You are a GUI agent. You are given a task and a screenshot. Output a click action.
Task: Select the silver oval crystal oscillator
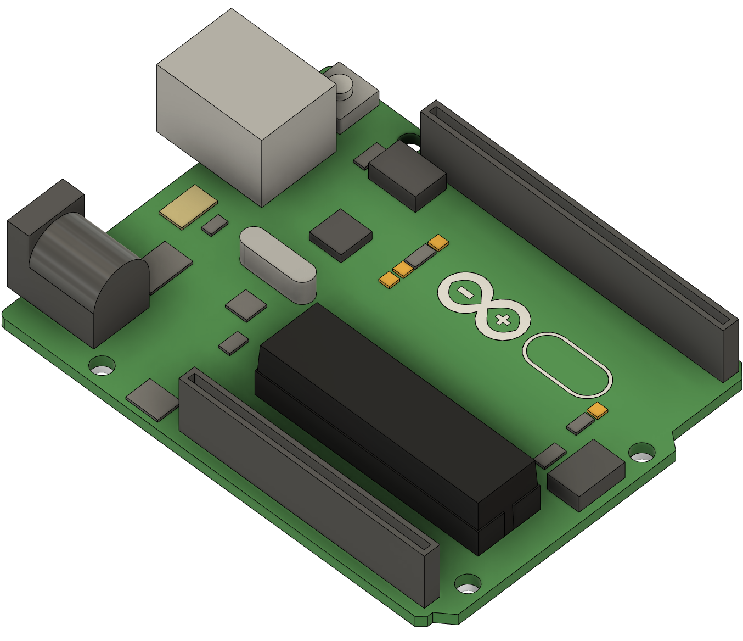coord(277,264)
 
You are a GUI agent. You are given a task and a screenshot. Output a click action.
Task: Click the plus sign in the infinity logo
coord(502,320)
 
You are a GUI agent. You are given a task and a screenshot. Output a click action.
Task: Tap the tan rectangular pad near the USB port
coord(188,206)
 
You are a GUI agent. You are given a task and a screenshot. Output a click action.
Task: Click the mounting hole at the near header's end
coord(468,584)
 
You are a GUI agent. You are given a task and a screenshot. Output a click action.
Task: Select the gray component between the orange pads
coord(420,255)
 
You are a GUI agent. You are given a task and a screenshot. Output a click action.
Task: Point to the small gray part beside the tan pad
coord(215,225)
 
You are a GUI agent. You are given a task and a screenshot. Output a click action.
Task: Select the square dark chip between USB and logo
coord(341,235)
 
